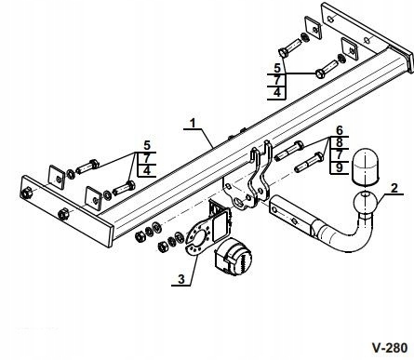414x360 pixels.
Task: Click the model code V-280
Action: (x=390, y=348)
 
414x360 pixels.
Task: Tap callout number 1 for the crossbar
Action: (x=193, y=123)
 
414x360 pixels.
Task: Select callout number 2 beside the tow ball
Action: (x=394, y=188)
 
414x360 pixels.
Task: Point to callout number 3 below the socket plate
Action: (x=181, y=279)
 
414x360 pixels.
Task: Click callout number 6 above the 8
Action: (x=340, y=130)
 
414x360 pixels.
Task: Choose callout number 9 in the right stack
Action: (x=340, y=167)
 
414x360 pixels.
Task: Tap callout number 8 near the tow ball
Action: (x=340, y=142)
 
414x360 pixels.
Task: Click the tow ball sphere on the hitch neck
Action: (x=366, y=203)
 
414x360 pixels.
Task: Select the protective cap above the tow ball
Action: (x=366, y=167)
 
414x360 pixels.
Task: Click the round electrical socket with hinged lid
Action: (x=234, y=257)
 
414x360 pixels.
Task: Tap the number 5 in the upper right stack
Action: (x=277, y=68)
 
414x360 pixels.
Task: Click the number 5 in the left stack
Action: (x=147, y=145)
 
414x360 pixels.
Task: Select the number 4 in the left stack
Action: (x=147, y=170)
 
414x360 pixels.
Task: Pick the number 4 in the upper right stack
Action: (x=277, y=92)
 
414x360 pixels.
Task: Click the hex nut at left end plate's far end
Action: (x=26, y=193)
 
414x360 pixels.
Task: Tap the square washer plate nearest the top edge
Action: (x=314, y=28)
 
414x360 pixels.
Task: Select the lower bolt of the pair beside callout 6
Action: (x=309, y=163)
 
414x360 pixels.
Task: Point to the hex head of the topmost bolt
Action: (x=284, y=52)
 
